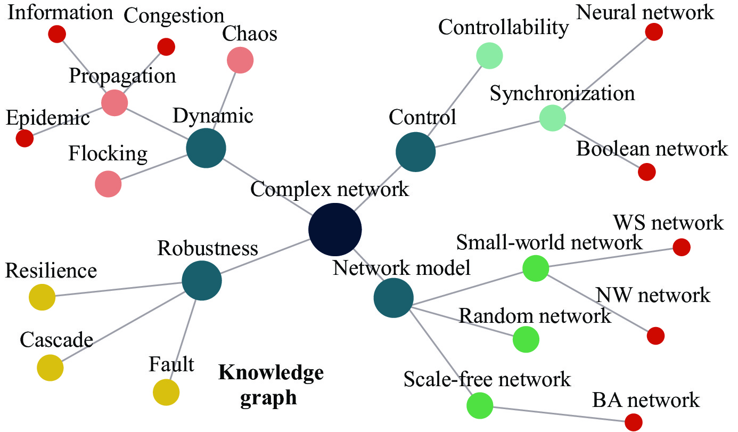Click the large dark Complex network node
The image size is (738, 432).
point(335,230)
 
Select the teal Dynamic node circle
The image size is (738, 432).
point(206,148)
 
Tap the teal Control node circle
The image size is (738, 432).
point(415,152)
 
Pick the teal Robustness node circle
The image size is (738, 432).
point(202,280)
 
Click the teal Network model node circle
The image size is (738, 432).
point(393,298)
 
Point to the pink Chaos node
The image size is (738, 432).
point(240,60)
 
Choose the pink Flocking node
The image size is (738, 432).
point(108,184)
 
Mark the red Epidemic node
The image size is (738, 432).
point(24,138)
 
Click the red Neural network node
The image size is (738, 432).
point(654,32)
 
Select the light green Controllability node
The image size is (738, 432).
point(489,56)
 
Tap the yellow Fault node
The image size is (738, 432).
point(166,392)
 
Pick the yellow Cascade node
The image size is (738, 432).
point(50,368)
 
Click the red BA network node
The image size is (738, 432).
point(634,422)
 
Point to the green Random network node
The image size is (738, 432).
point(526,339)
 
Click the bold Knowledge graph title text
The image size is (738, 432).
point(271,386)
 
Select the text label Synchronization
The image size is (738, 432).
point(562,93)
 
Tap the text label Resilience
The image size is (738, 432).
point(51,271)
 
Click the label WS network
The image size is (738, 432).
point(668,223)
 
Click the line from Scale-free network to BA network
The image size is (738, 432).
point(559,414)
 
